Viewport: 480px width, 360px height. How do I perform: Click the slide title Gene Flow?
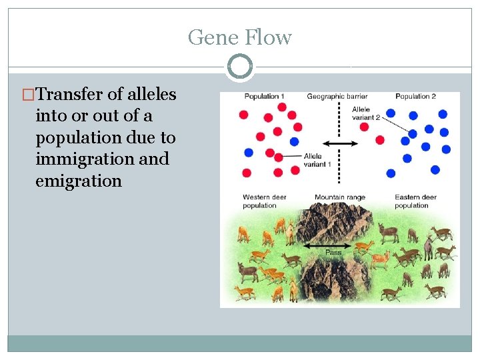(239, 37)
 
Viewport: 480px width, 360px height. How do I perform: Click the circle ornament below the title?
(239, 67)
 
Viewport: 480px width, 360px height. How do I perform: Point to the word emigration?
(79, 181)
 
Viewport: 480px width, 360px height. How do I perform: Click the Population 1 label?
(264, 97)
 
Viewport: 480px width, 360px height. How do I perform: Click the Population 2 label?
(415, 97)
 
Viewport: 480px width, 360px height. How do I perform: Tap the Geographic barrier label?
(337, 97)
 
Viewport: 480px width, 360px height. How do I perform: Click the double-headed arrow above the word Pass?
(332, 246)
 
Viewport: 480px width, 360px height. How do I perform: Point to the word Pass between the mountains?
(333, 253)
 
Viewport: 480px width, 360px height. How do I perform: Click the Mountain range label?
(339, 197)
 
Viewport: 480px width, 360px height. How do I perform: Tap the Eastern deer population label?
(415, 201)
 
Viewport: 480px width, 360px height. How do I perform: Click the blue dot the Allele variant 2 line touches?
(413, 134)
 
